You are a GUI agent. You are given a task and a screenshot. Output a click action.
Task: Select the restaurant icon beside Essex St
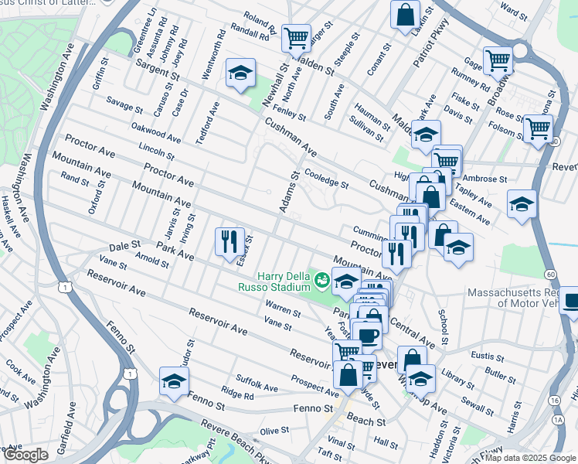(229, 241)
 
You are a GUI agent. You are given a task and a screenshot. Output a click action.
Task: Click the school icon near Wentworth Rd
(240, 73)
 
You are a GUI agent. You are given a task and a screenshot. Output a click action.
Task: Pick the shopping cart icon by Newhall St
(295, 36)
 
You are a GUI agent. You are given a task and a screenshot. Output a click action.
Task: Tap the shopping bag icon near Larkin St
(405, 14)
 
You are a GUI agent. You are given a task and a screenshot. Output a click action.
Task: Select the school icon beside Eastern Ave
(522, 203)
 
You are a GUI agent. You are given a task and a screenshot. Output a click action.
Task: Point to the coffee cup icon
(368, 336)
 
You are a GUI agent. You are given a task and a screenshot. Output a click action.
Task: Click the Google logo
(25, 455)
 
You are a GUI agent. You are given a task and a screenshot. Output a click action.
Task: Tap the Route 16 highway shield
(555, 400)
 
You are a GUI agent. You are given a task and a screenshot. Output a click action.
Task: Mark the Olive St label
(273, 431)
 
